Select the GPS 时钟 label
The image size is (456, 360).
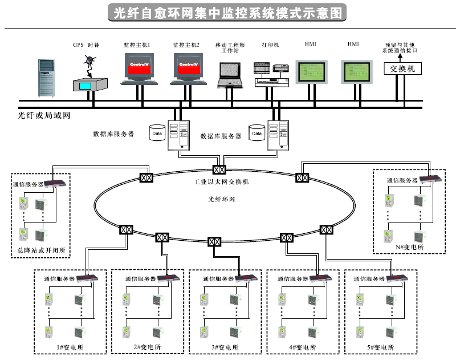85,44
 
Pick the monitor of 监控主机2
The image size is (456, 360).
189,66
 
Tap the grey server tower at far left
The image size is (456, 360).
47,77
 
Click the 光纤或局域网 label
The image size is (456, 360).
43,116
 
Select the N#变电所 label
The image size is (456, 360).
409,247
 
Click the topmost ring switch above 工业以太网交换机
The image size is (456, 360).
219,169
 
